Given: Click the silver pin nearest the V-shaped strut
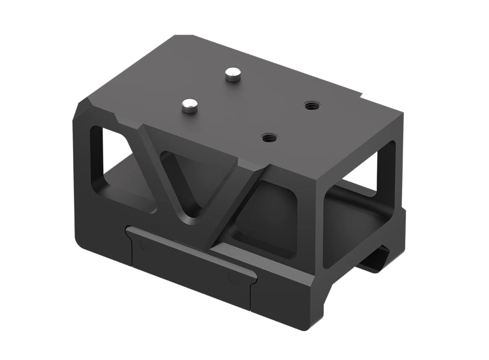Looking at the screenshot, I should click(x=189, y=106).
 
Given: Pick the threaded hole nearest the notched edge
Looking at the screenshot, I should click(x=311, y=106).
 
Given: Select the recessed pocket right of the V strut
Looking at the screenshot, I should click(x=266, y=218).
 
